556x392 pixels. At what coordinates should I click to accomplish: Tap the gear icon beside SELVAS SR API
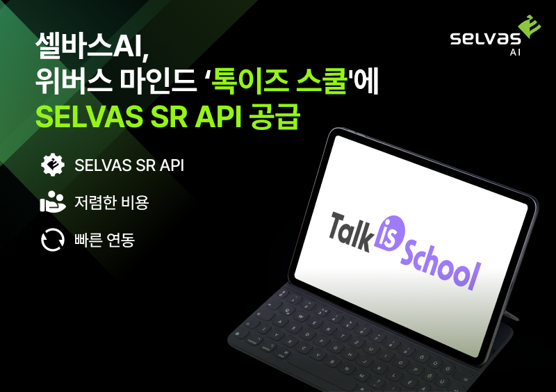pyautogui.click(x=53, y=165)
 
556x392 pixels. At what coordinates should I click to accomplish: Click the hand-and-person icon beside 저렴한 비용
pyautogui.click(x=53, y=202)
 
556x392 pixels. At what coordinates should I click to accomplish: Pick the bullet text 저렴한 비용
pyautogui.click(x=111, y=202)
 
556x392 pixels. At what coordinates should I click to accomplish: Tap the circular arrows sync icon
pyautogui.click(x=53, y=240)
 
